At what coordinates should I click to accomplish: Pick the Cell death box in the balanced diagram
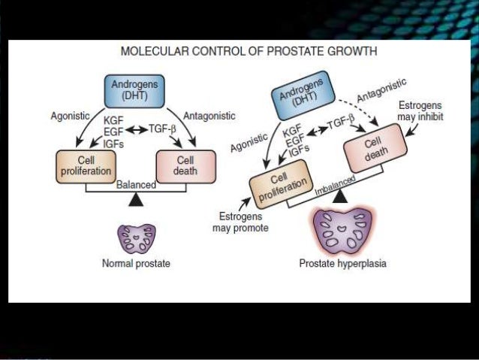coord(185,165)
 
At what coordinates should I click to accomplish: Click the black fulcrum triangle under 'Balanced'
coord(136,199)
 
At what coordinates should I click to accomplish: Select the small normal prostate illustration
coord(136,237)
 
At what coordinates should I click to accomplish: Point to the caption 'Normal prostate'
coord(136,264)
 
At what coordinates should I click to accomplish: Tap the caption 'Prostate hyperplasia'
coord(342,264)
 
